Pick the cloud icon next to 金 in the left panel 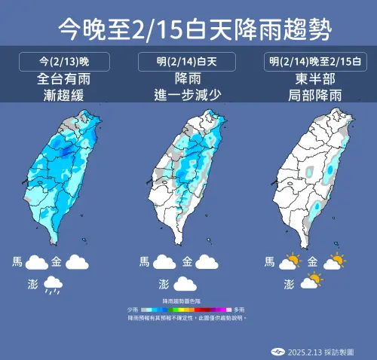76,263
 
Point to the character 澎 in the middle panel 164,284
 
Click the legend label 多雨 238,310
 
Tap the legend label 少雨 132,310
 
